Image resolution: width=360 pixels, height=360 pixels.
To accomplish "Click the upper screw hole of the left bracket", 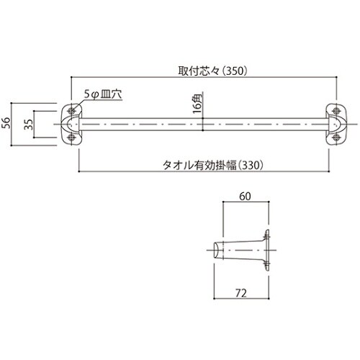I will [x=73, y=110].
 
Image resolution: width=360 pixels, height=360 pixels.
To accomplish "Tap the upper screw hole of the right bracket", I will [x=337, y=110].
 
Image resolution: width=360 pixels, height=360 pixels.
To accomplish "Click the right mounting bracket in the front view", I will [x=338, y=123].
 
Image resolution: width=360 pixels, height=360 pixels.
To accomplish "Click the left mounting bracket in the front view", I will [x=72, y=123].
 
